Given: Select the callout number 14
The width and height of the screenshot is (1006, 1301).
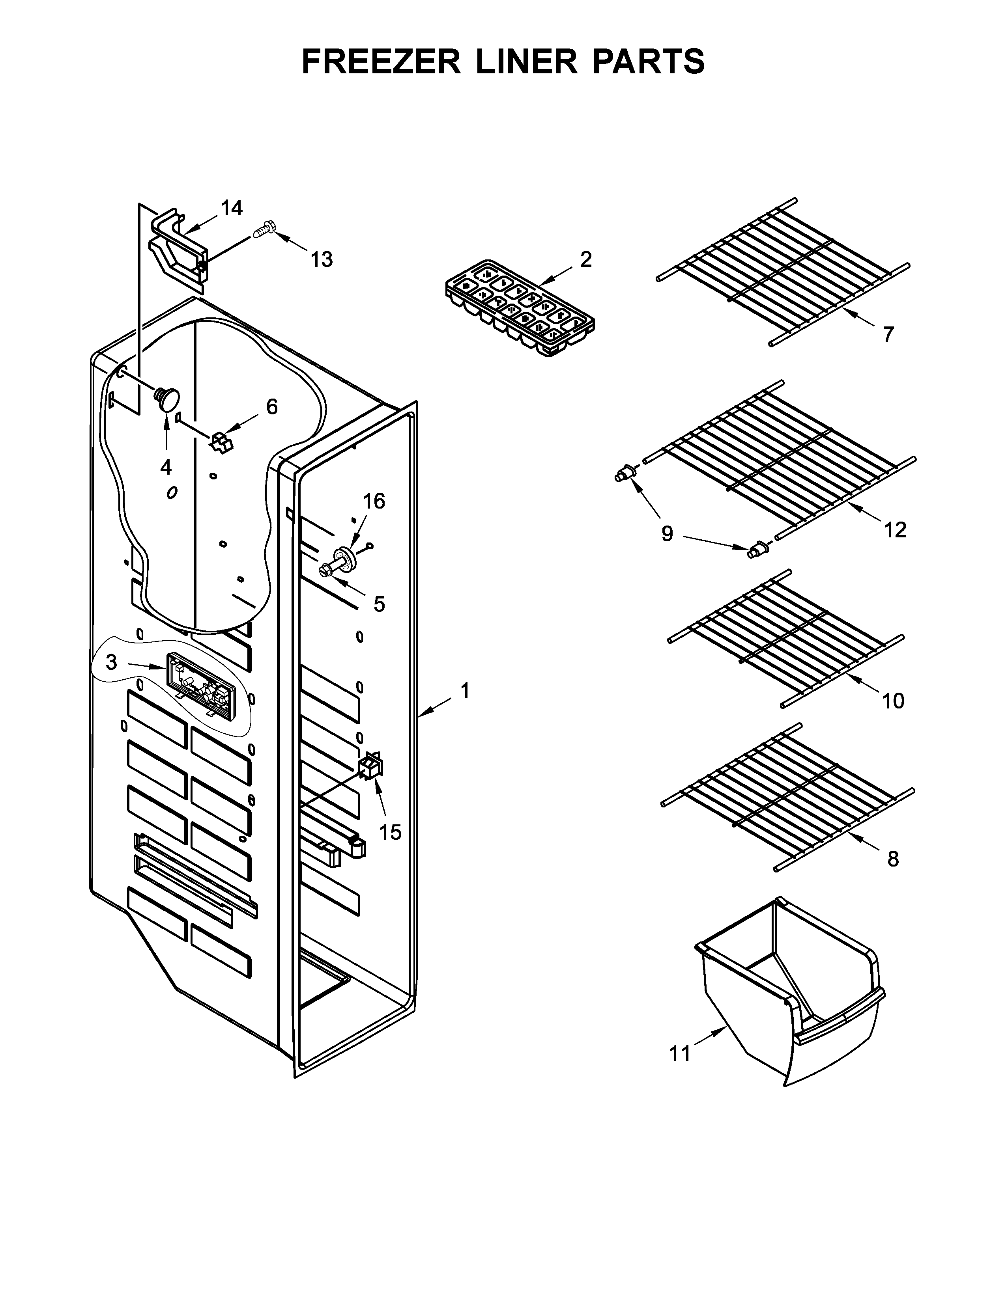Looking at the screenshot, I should (232, 209).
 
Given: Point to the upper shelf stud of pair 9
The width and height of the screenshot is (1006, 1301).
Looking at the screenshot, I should (623, 474).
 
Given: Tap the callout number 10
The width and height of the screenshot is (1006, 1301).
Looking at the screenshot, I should (893, 701).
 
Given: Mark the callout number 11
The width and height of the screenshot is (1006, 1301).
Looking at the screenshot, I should (680, 1054).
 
